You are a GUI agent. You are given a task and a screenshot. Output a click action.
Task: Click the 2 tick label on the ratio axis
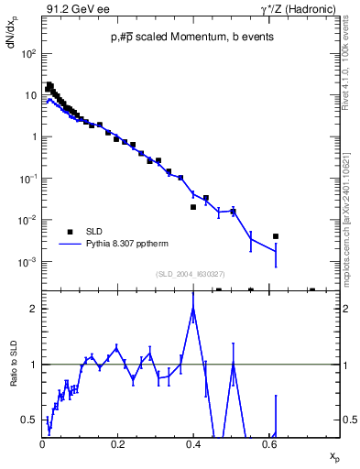click(x=34, y=309)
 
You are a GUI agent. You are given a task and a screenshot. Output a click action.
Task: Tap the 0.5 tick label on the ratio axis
click(x=30, y=420)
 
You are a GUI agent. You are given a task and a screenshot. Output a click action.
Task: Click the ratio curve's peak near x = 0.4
click(x=193, y=308)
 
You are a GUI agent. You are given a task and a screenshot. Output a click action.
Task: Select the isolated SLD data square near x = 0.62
click(x=276, y=236)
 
